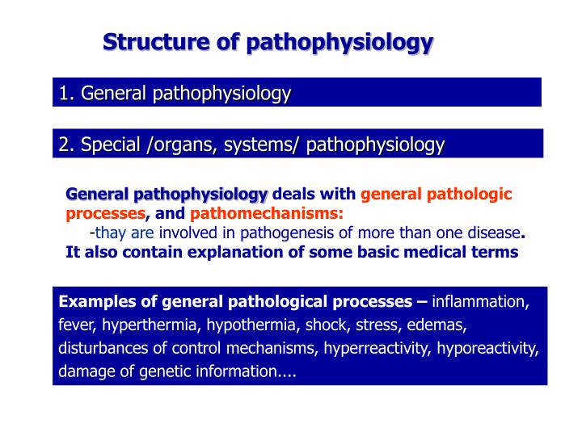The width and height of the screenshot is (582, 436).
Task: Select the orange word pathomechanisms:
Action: click(267, 214)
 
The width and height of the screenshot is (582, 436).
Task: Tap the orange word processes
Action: click(105, 214)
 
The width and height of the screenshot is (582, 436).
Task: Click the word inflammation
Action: click(480, 302)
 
